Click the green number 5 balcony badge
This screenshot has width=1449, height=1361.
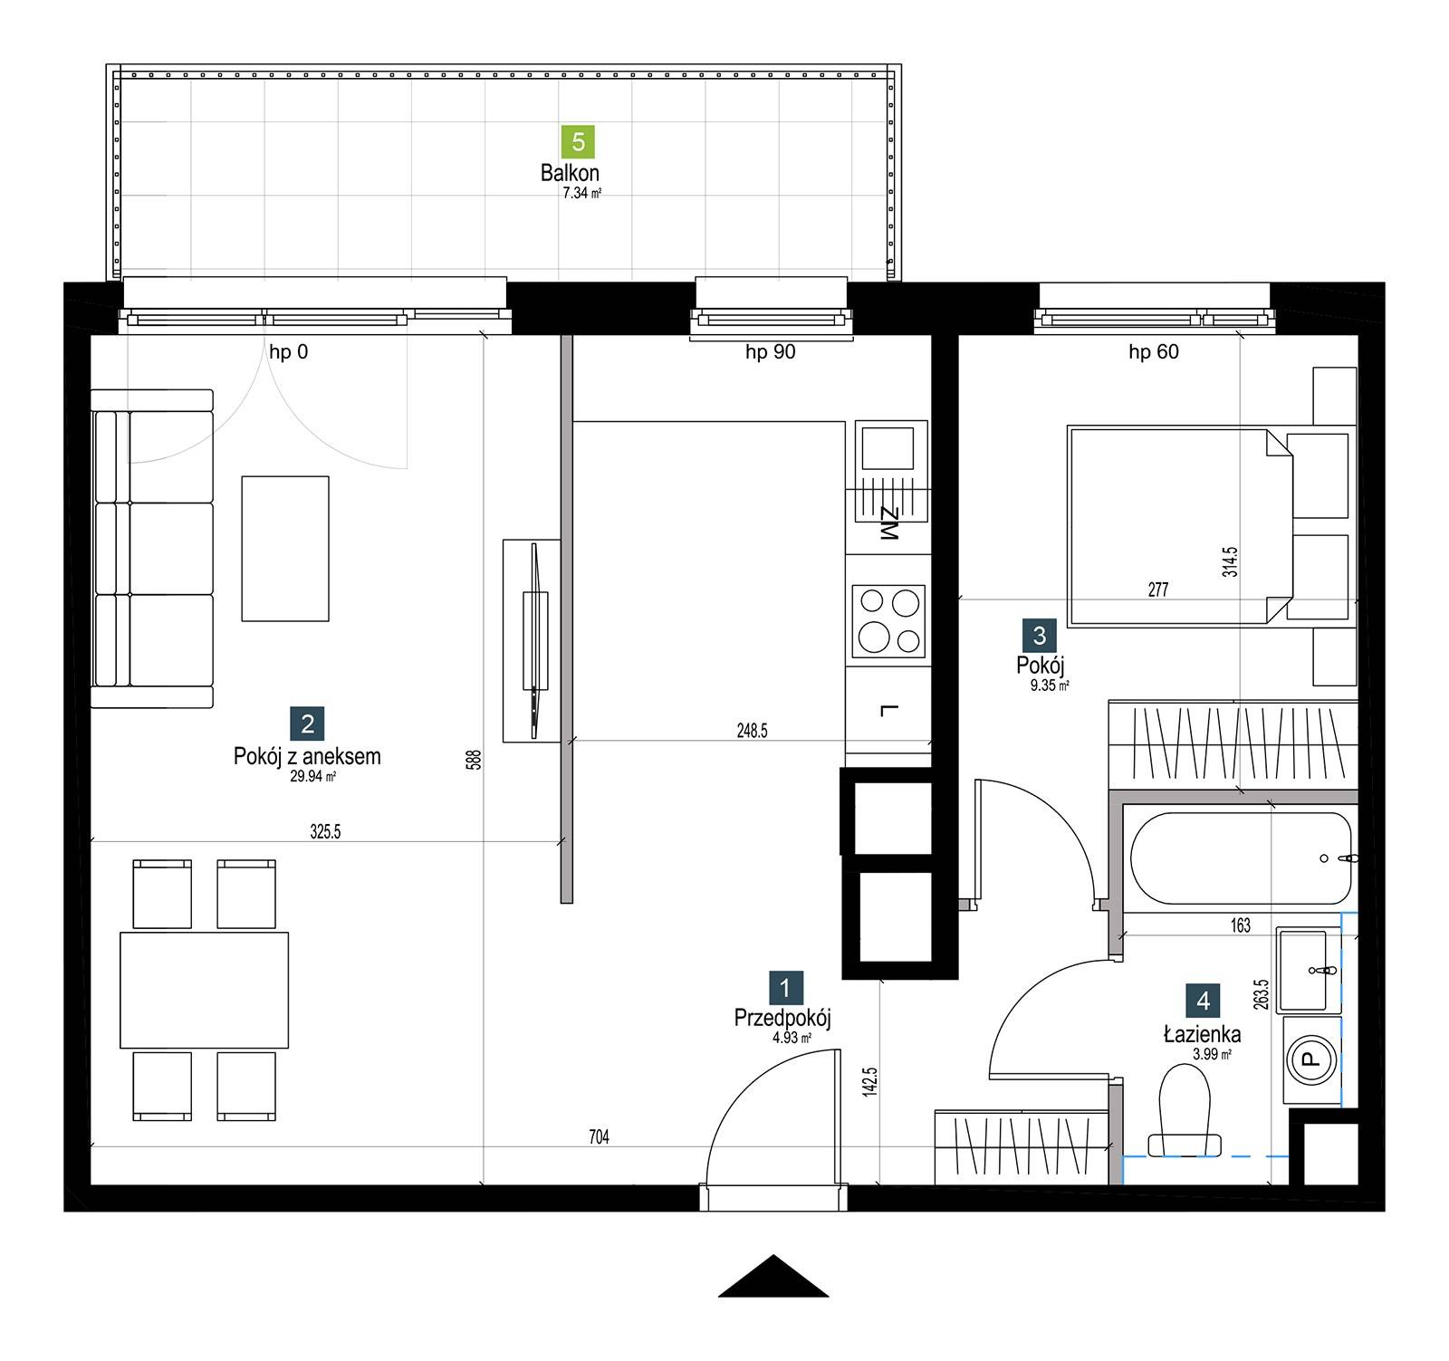(579, 142)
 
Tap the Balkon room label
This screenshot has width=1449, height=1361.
(570, 172)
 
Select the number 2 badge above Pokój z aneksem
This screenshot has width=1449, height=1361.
(308, 724)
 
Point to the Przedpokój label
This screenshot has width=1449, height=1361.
(782, 1018)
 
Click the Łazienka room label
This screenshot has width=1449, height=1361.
(1203, 1034)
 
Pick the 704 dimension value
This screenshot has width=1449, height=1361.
(599, 1137)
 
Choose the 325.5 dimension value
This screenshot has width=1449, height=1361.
(325, 831)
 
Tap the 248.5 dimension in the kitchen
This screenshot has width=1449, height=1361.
(752, 731)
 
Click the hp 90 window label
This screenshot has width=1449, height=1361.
(771, 351)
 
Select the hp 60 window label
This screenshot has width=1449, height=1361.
(1154, 351)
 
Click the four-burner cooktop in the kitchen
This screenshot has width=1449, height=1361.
(888, 620)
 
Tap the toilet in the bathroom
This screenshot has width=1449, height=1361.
(1185, 1110)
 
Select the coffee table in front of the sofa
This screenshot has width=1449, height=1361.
(285, 549)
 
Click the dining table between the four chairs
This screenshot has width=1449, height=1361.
(205, 990)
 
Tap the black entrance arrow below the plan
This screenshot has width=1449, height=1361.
(773, 1276)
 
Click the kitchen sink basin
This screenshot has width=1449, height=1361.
(888, 447)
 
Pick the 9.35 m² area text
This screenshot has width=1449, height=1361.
(1050, 686)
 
